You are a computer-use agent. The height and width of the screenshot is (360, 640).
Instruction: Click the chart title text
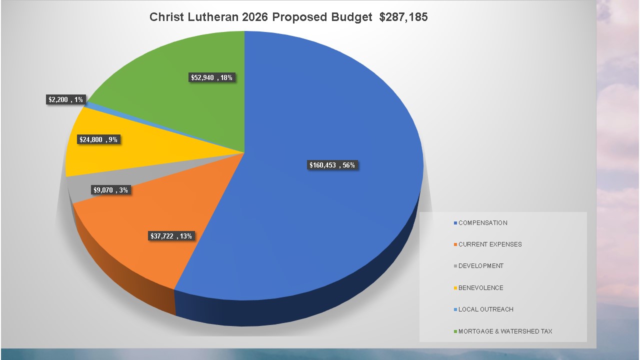(x=288, y=17)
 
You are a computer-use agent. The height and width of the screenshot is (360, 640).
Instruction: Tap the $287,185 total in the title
(x=403, y=17)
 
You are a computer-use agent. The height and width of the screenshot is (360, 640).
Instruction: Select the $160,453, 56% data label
(x=332, y=165)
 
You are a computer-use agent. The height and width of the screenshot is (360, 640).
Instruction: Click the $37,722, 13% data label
(x=171, y=236)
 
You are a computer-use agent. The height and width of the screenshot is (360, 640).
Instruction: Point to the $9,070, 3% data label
(x=110, y=190)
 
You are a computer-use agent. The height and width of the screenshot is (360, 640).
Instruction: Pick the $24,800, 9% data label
(x=98, y=140)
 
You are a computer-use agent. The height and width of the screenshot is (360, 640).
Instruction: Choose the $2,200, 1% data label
(x=65, y=100)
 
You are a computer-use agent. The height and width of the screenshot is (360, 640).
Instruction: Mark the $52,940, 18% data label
(x=211, y=77)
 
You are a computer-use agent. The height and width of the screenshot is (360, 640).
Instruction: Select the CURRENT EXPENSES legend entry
(x=489, y=244)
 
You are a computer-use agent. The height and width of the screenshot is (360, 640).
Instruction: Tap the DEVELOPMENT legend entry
(x=480, y=266)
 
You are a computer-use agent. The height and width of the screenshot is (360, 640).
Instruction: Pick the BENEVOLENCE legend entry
(x=480, y=288)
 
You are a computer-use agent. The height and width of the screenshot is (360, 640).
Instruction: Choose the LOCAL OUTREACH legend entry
(x=485, y=309)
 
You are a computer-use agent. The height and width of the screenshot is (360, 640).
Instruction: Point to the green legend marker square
(x=455, y=331)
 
